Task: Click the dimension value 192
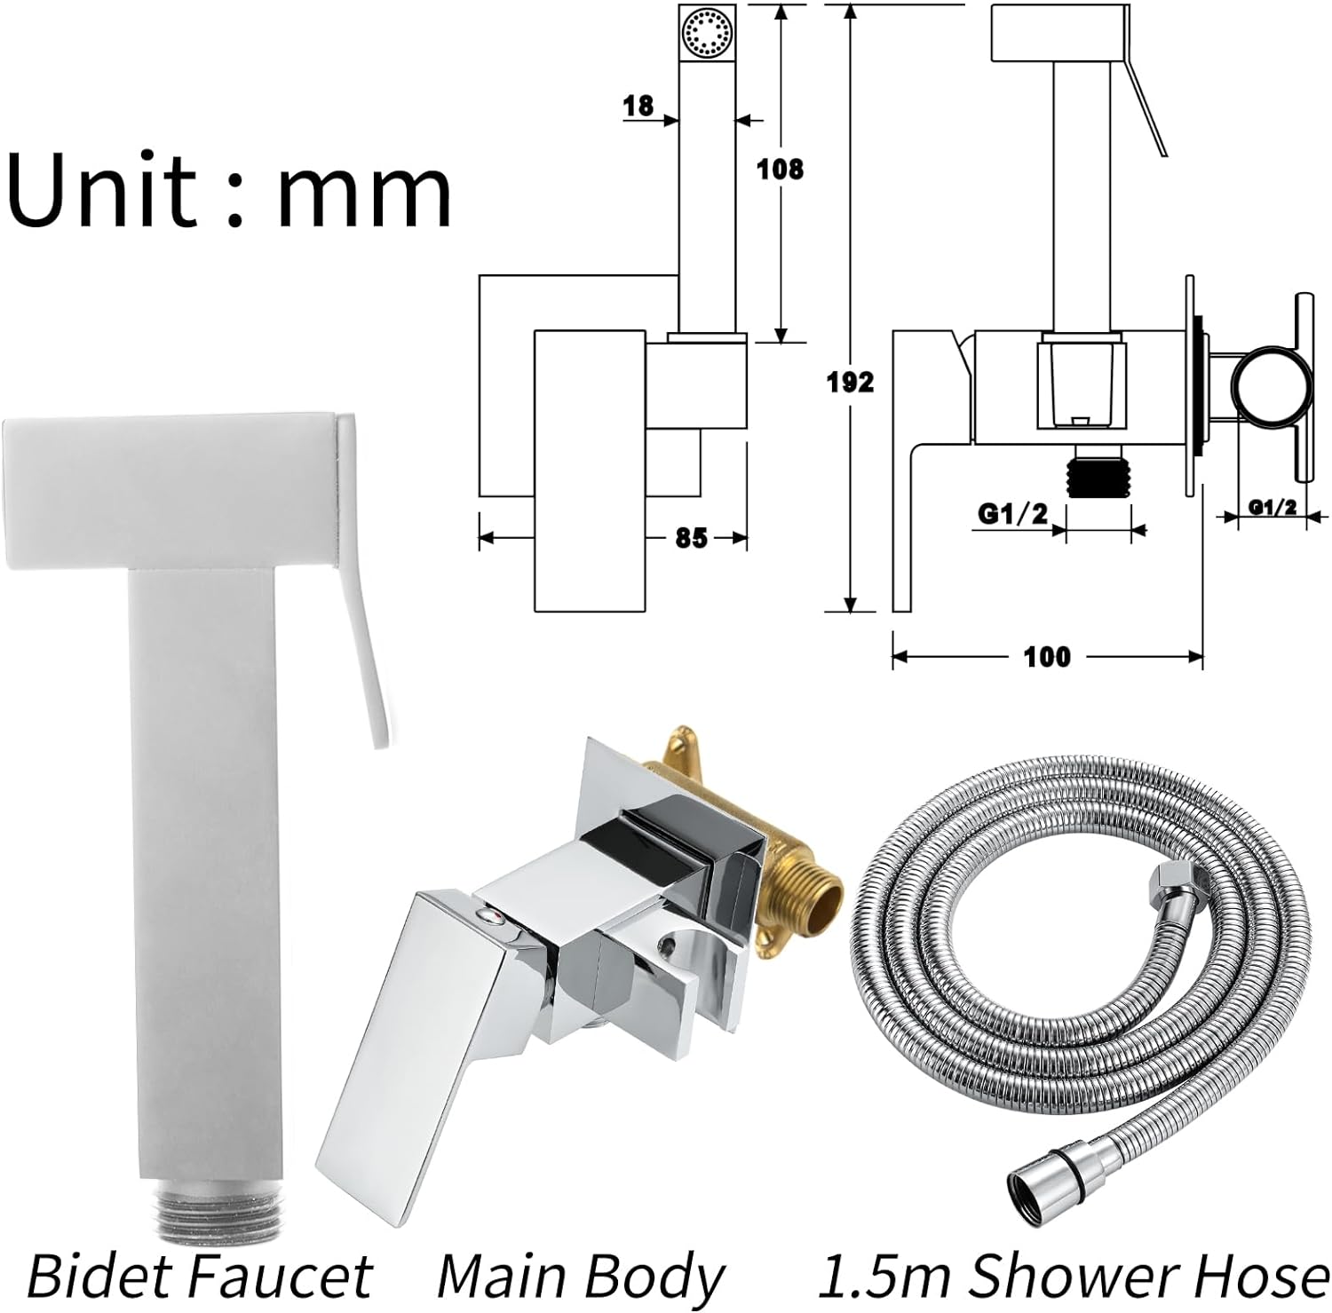(x=851, y=382)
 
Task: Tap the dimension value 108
(x=780, y=169)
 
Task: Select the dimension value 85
(x=691, y=538)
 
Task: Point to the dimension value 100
(x=1048, y=657)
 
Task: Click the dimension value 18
(x=638, y=107)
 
